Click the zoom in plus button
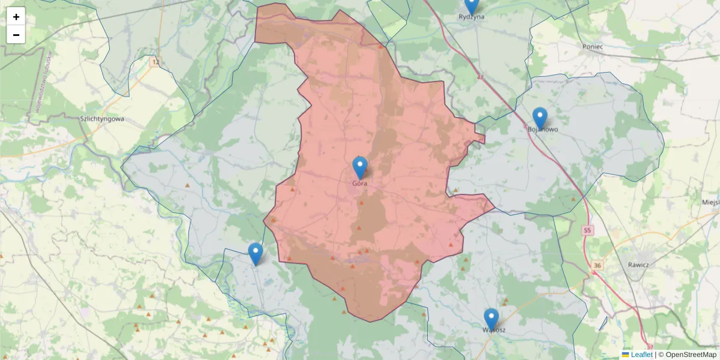point(16,17)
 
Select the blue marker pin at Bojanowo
point(540,118)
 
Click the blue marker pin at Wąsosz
point(491,319)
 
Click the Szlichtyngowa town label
point(102,119)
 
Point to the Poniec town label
point(592,46)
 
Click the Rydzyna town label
point(472,17)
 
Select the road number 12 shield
point(156,62)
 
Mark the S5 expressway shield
point(586,230)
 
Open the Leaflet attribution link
point(641,355)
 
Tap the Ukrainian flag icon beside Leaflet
point(626,355)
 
